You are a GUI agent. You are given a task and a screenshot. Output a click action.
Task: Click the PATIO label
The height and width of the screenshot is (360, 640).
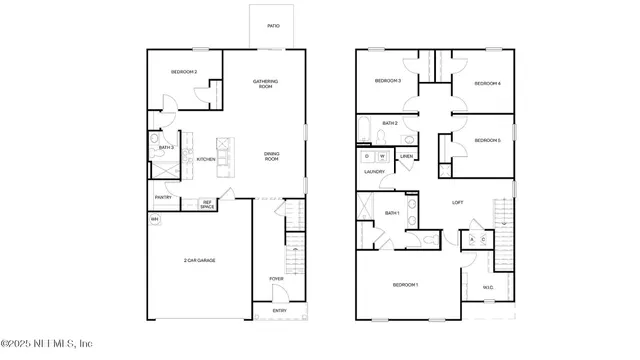(x=273, y=26)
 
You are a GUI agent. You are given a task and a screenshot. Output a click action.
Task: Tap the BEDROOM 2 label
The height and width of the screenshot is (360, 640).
(x=183, y=72)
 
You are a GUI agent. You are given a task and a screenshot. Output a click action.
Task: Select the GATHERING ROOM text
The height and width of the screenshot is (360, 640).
(x=264, y=84)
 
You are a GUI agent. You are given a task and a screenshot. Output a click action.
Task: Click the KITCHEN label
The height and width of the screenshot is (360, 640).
(x=206, y=159)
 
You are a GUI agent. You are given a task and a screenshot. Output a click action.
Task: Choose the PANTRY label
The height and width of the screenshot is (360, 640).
(x=163, y=197)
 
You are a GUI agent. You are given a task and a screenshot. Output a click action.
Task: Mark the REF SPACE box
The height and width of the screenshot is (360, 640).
(x=207, y=204)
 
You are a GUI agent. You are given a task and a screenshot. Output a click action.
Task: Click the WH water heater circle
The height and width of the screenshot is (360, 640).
(x=155, y=219)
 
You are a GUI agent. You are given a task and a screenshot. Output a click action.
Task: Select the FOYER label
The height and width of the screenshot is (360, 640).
(x=276, y=278)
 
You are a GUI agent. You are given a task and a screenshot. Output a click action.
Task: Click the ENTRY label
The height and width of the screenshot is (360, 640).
(x=279, y=310)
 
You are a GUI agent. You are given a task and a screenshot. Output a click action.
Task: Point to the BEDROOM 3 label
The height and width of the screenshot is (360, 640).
(x=388, y=80)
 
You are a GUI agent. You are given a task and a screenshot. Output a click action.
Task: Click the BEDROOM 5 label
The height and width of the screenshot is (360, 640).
(x=488, y=141)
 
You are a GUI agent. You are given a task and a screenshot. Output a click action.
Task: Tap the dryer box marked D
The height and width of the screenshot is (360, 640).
(x=368, y=157)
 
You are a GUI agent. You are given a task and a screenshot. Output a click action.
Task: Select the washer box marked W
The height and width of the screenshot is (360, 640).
(x=382, y=157)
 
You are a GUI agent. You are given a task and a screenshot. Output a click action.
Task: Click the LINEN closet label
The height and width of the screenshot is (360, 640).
(x=406, y=157)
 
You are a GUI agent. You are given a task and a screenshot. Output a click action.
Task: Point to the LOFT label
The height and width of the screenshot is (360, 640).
(x=457, y=202)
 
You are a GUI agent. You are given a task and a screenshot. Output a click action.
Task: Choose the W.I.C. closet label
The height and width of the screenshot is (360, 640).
(x=488, y=289)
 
